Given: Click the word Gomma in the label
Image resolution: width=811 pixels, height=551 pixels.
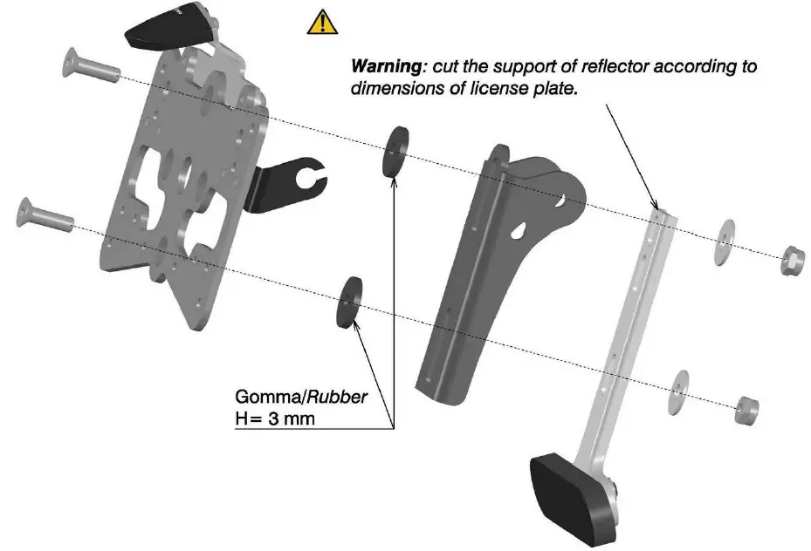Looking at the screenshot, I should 264,397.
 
